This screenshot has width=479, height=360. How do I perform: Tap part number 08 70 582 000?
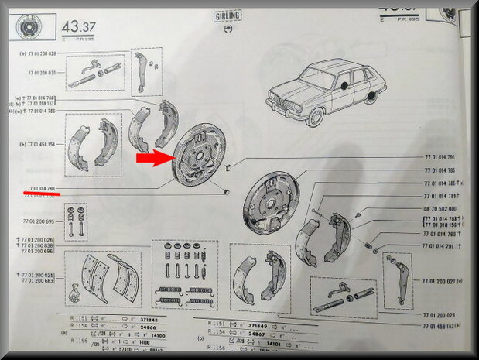pyautogui.click(x=442, y=208)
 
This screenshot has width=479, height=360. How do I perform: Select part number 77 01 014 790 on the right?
pyautogui.click(x=441, y=233)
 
